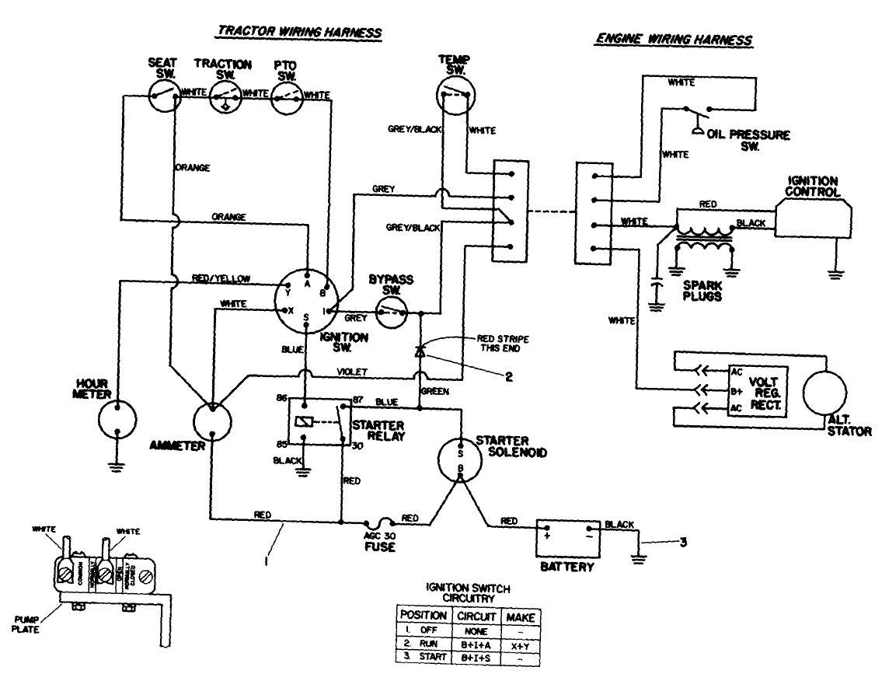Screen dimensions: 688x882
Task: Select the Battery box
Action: tap(567, 537)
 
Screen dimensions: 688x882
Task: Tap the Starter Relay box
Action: tap(319, 422)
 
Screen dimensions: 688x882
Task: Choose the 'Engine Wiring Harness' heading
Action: tap(675, 39)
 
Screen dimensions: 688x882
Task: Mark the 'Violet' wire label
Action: tap(353, 372)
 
